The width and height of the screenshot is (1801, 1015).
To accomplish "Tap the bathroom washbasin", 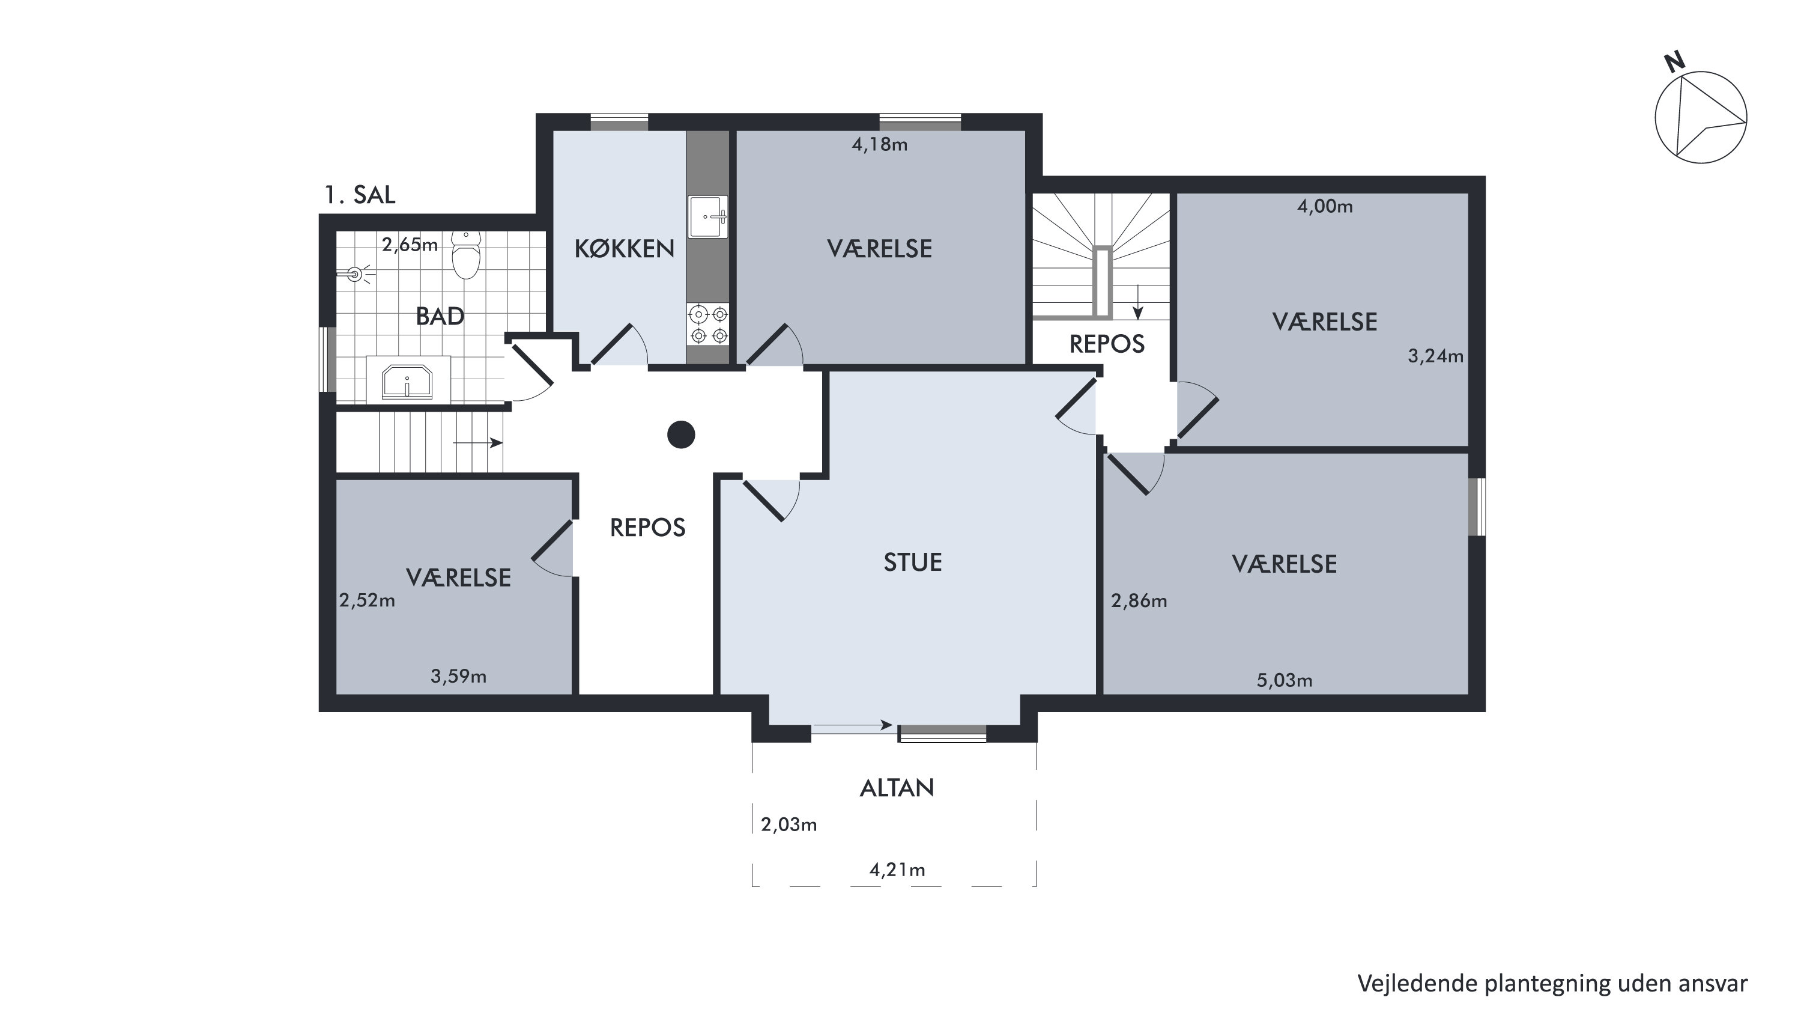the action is coord(407,381).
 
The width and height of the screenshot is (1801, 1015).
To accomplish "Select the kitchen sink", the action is coord(708,217).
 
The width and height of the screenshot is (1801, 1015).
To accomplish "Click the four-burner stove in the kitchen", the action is coord(708,325).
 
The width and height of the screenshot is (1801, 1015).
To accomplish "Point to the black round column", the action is coord(681,434).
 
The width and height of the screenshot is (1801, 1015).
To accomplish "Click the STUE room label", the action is coord(912,562).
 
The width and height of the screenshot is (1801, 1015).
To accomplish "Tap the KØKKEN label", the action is coord(625,248).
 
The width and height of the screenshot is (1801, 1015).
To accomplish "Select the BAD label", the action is coord(440,316).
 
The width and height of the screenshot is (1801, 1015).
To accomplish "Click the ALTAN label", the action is coord(897,788).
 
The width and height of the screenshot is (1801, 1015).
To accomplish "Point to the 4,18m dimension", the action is coord(880,145).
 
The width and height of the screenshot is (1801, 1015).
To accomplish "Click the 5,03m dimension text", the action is coord(1285,680).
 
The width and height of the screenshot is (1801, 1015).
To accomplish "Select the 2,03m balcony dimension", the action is coord(789,824).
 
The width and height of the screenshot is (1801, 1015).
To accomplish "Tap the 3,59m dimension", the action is coord(458,677).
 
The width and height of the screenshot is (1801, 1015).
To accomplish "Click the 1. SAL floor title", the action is coord(359,195).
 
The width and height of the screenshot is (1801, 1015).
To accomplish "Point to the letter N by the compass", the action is coord(1674,63).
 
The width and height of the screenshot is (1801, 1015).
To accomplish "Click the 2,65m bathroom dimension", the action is coord(410,245).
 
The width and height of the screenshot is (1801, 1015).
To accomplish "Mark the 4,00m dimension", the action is coord(1325,206).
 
